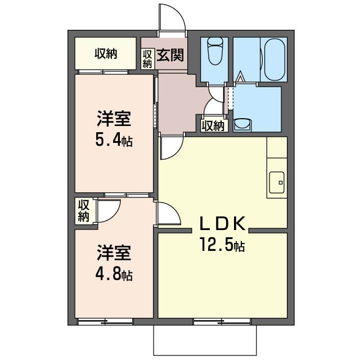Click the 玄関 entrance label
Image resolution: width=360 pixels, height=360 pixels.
tap(170, 55)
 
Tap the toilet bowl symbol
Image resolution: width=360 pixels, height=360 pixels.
tap(215, 51)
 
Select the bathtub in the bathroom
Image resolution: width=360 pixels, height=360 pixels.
tap(274, 60)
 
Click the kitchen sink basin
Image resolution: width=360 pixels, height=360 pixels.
tap(277, 182)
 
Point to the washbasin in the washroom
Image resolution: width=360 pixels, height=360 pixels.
tap(242, 125)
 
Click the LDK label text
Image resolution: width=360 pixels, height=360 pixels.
tap(223, 223)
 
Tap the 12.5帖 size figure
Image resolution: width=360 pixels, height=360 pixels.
tap(222, 244)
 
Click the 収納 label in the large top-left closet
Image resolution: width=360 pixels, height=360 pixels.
tap(106, 54)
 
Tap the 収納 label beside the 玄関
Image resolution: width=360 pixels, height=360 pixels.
tap(147, 59)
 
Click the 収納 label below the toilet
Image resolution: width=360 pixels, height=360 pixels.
tap(213, 126)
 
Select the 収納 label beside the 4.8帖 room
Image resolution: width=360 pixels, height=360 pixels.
tap(84, 211)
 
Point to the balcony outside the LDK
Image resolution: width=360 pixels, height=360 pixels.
tap(205, 340)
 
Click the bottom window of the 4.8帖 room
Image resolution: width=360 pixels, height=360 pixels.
tap(105, 322)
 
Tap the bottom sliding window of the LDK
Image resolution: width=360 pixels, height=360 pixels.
tap(222, 322)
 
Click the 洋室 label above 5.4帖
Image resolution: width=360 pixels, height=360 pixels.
tap(114, 119)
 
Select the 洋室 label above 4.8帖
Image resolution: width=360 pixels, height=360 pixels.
tap(114, 253)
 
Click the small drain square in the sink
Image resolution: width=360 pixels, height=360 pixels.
tap(280, 183)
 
